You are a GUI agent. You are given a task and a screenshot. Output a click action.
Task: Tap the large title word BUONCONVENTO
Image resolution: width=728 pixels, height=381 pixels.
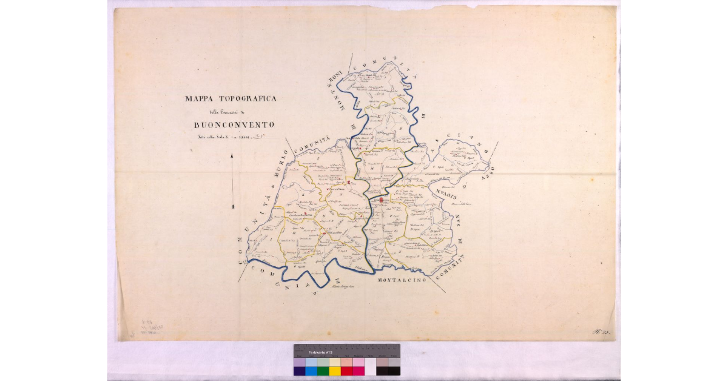coord(234,125)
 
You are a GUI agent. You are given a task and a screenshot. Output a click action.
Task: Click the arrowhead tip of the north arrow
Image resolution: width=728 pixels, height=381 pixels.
coord(233,156)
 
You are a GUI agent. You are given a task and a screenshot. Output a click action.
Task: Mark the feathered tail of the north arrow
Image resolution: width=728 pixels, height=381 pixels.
coord(233,207)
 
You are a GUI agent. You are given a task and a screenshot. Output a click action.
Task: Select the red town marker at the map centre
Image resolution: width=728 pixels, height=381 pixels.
coord(382,200)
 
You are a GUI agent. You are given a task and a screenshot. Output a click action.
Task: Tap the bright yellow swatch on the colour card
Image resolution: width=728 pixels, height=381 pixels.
coord(334,371)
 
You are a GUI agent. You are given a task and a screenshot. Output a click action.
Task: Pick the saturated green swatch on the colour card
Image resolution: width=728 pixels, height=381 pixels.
coord(323,371)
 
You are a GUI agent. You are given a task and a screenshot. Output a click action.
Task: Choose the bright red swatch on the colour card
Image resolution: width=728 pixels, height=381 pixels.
coord(346,371)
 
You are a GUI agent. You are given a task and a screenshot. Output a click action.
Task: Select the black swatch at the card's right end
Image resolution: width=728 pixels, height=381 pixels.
coord(394,371)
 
